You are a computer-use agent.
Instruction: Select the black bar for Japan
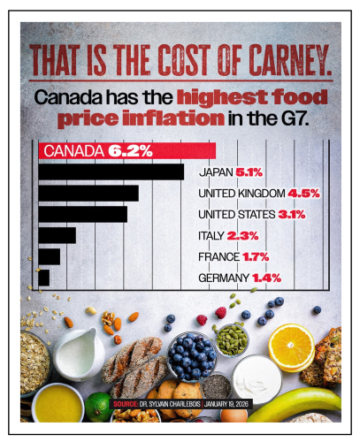[x=111, y=171]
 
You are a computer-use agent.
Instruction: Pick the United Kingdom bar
[x=88, y=193]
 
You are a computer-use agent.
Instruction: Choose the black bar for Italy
[x=57, y=235]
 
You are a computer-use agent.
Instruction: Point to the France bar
[x=50, y=256]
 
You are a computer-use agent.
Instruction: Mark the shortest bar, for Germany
[x=44, y=278]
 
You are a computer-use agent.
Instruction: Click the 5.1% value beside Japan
[x=252, y=171]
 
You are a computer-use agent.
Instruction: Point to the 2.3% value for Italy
[x=241, y=235]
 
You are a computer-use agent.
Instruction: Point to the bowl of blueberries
[x=193, y=354]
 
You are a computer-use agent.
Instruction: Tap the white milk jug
[x=80, y=352]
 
